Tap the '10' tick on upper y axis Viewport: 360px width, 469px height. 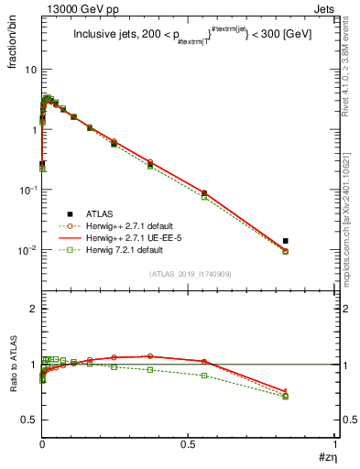pos(30,70)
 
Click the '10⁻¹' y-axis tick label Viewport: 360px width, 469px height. pos(27,190)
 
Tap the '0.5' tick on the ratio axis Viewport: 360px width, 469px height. pos(28,420)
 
